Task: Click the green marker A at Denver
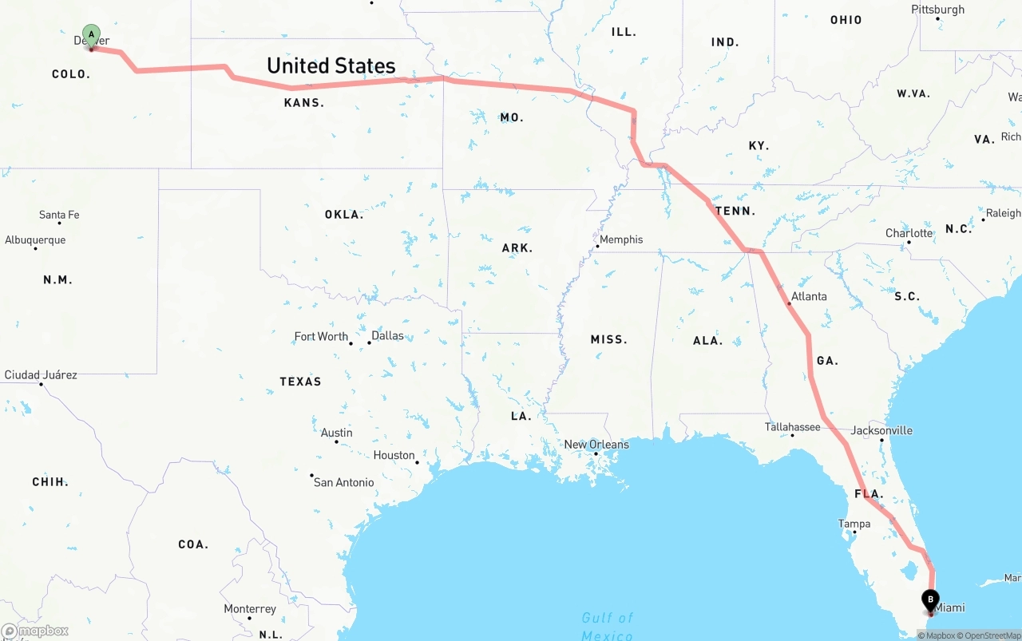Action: tap(92, 34)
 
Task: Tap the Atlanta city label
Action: tap(809, 296)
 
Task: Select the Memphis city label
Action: tap(621, 239)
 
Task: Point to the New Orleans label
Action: tap(596, 445)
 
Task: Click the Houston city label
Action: tap(394, 455)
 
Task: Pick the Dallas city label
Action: tap(388, 335)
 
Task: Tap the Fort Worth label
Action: tap(321, 336)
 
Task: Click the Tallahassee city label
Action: tap(792, 427)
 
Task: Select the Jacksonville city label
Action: tap(881, 430)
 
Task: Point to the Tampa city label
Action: tap(854, 524)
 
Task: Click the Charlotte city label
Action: tap(909, 233)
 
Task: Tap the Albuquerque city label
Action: tap(35, 239)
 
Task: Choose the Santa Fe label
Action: tap(59, 215)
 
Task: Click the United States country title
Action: tap(331, 65)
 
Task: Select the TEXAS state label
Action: tap(300, 382)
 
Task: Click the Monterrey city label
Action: tap(250, 608)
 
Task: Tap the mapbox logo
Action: tap(35, 631)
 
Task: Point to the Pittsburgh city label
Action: tap(937, 10)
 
